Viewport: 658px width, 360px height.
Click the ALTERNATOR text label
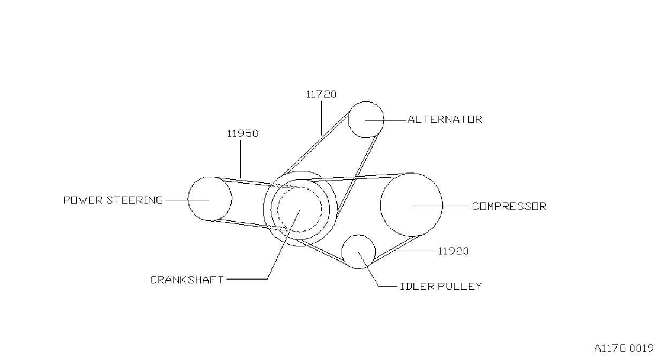click(445, 119)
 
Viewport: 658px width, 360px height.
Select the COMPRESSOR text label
click(509, 206)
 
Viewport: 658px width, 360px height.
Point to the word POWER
click(83, 200)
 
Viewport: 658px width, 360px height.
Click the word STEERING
click(134, 200)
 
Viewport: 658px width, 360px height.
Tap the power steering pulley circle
click(231, 199)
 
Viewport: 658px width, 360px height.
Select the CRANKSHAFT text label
click(187, 280)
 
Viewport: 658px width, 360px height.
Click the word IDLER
click(418, 286)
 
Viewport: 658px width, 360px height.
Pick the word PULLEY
click(460, 286)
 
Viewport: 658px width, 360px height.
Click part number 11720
click(321, 94)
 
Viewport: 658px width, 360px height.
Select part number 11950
click(243, 133)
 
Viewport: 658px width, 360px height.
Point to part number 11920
click(453, 251)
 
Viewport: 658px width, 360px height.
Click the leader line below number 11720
click(321, 118)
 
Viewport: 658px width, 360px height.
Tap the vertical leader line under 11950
click(240, 159)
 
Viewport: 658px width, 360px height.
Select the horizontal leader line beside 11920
click(416, 251)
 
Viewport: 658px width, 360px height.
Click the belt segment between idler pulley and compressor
click(397, 249)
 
